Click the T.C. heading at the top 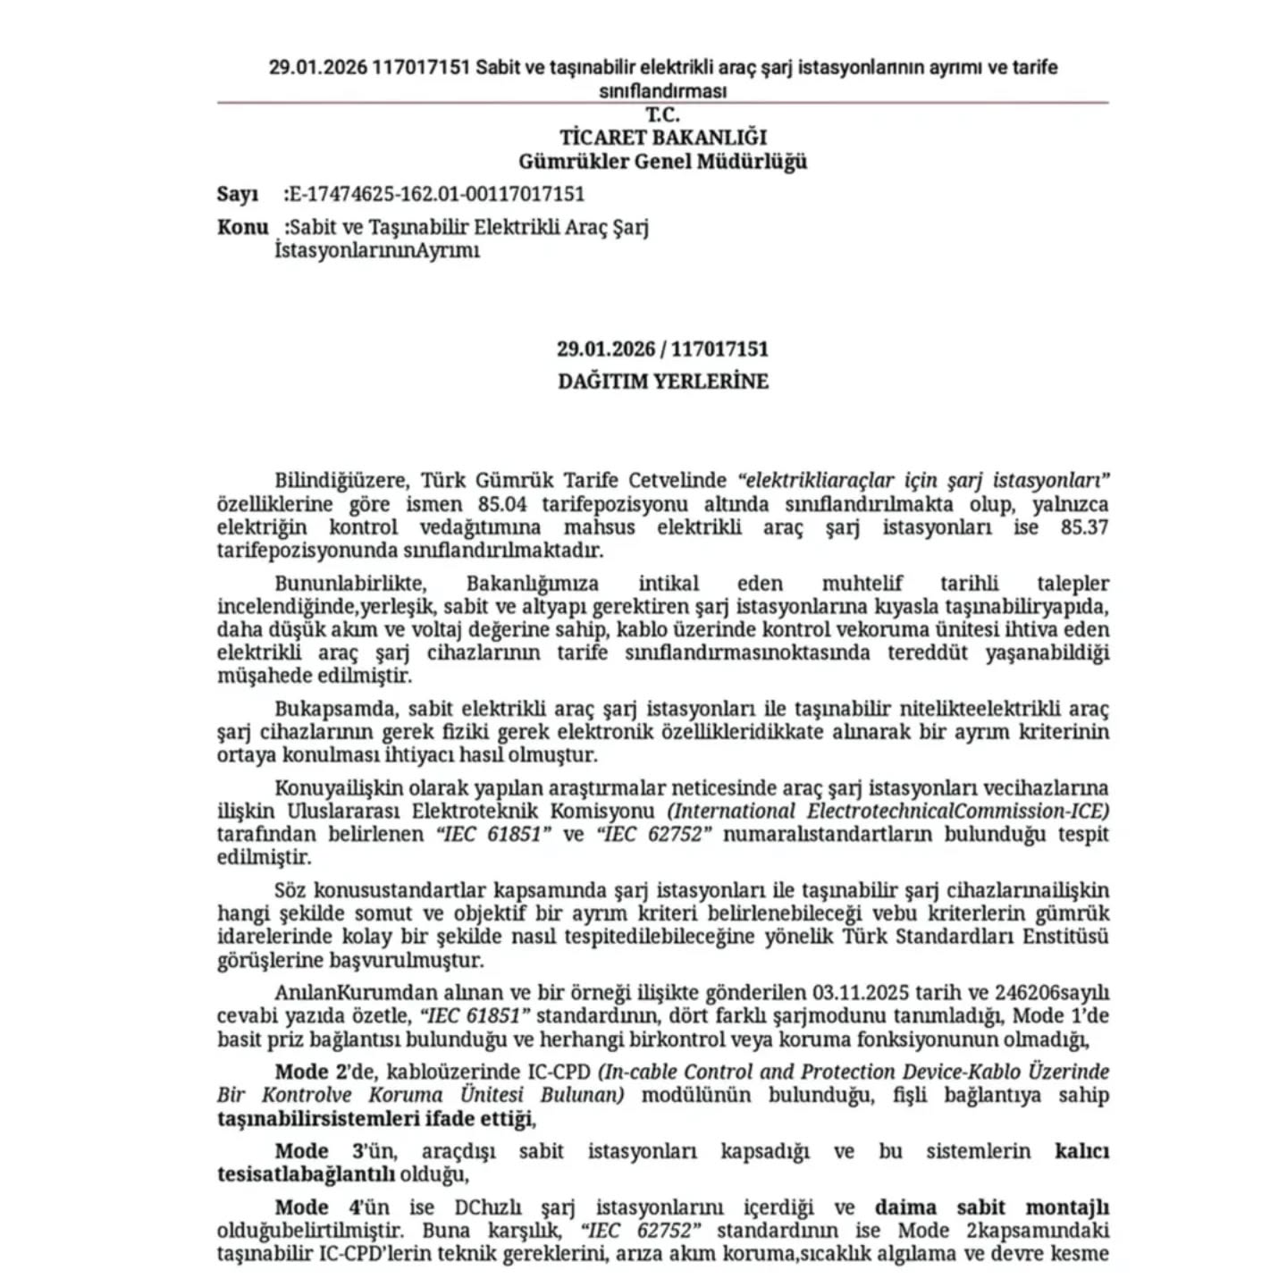pyautogui.click(x=662, y=114)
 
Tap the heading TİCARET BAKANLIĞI pyautogui.click(x=663, y=138)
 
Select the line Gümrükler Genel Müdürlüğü pyautogui.click(x=663, y=162)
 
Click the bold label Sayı pyautogui.click(x=237, y=195)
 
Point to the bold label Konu pyautogui.click(x=242, y=227)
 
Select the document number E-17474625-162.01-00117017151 pyautogui.click(x=437, y=195)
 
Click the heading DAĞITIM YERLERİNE pyautogui.click(x=663, y=382)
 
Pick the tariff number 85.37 pyautogui.click(x=1084, y=527)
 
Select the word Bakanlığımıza pyautogui.click(x=533, y=585)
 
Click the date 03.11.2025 pyautogui.click(x=860, y=993)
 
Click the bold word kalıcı pyautogui.click(x=1081, y=1151)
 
